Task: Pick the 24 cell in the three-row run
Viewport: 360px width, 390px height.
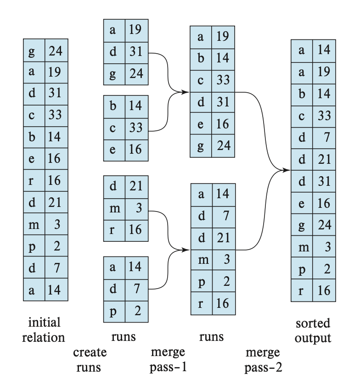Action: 136,73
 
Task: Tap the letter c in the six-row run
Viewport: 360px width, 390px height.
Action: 201,80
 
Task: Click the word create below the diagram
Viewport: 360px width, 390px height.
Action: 90,353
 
